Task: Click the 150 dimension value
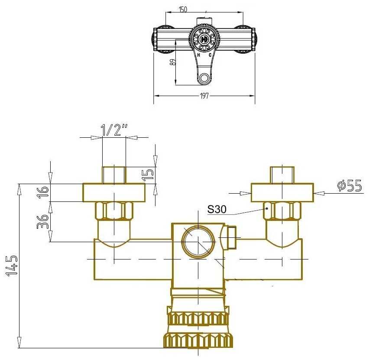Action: pos(183,9)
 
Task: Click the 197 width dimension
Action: pos(204,96)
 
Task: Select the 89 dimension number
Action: pos(173,62)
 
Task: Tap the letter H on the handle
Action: pos(199,55)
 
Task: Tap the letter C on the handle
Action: pos(210,55)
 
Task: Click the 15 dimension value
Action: pos(149,174)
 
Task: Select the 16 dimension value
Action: pos(43,192)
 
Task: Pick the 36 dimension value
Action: pos(43,221)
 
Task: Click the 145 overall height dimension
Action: pos(12,266)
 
